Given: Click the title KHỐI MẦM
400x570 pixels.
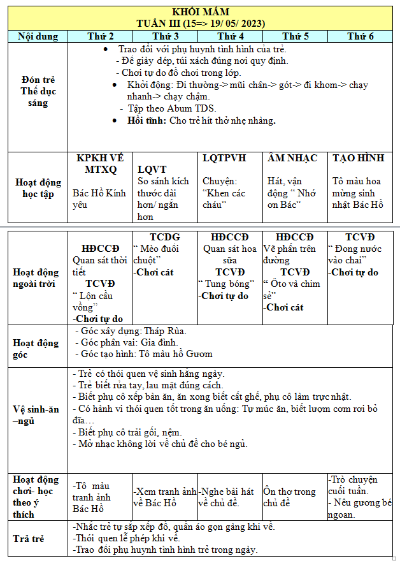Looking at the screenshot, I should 201,12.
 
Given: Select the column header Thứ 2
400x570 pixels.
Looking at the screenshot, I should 100,36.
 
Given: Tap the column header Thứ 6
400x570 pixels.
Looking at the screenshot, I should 361,36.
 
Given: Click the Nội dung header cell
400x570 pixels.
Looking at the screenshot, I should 38,36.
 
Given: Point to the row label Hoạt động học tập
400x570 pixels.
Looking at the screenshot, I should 38,187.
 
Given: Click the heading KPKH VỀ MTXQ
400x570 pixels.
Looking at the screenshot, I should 101,164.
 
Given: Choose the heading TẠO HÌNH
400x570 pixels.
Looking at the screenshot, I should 359,157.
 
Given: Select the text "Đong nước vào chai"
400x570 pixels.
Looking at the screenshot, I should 352,254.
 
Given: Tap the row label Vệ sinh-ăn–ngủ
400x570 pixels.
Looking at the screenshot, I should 36,415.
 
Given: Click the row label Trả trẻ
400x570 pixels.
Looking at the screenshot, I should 29,539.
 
